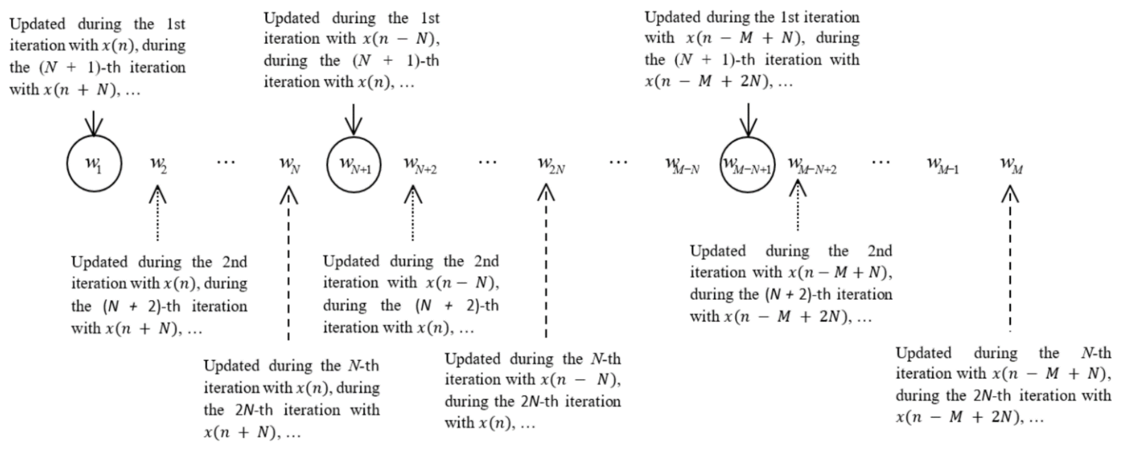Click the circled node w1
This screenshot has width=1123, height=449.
[94, 164]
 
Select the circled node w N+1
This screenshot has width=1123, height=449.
[354, 165]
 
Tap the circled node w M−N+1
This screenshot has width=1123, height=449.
[747, 165]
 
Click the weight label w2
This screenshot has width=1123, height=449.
[158, 165]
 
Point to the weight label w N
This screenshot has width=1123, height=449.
[289, 165]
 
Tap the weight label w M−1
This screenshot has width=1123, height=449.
[942, 165]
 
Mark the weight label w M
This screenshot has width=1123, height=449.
[1011, 165]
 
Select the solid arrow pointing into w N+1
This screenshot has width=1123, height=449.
[353, 120]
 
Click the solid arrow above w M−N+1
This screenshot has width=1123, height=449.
[748, 120]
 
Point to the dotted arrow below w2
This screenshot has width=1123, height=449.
[157, 214]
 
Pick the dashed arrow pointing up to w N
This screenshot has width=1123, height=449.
[289, 262]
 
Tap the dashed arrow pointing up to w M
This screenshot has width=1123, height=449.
[1010, 258]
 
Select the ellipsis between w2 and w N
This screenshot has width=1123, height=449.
[226, 162]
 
